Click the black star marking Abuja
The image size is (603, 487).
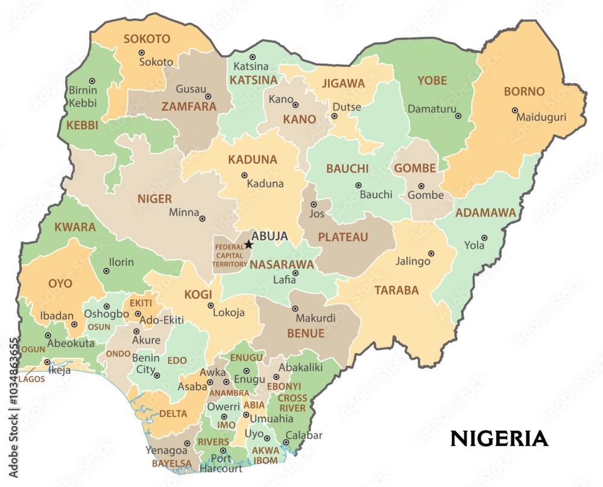click(248, 244)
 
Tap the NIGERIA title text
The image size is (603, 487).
click(499, 439)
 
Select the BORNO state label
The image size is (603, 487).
click(524, 92)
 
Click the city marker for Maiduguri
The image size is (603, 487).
click(514, 110)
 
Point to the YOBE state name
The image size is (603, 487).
click(432, 80)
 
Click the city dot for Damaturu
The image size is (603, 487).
click(458, 116)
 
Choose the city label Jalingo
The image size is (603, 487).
click(413, 261)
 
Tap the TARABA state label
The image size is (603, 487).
click(396, 290)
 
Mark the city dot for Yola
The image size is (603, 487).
click(484, 238)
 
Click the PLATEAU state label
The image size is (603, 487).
click(343, 237)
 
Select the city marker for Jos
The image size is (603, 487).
click(314, 205)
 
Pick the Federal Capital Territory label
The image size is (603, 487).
click(229, 255)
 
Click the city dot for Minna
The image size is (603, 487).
click(203, 218)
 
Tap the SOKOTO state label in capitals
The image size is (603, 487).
click(147, 39)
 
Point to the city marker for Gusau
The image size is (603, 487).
click(208, 97)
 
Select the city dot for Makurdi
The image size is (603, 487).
click(295, 308)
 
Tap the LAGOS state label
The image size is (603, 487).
click(31, 379)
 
